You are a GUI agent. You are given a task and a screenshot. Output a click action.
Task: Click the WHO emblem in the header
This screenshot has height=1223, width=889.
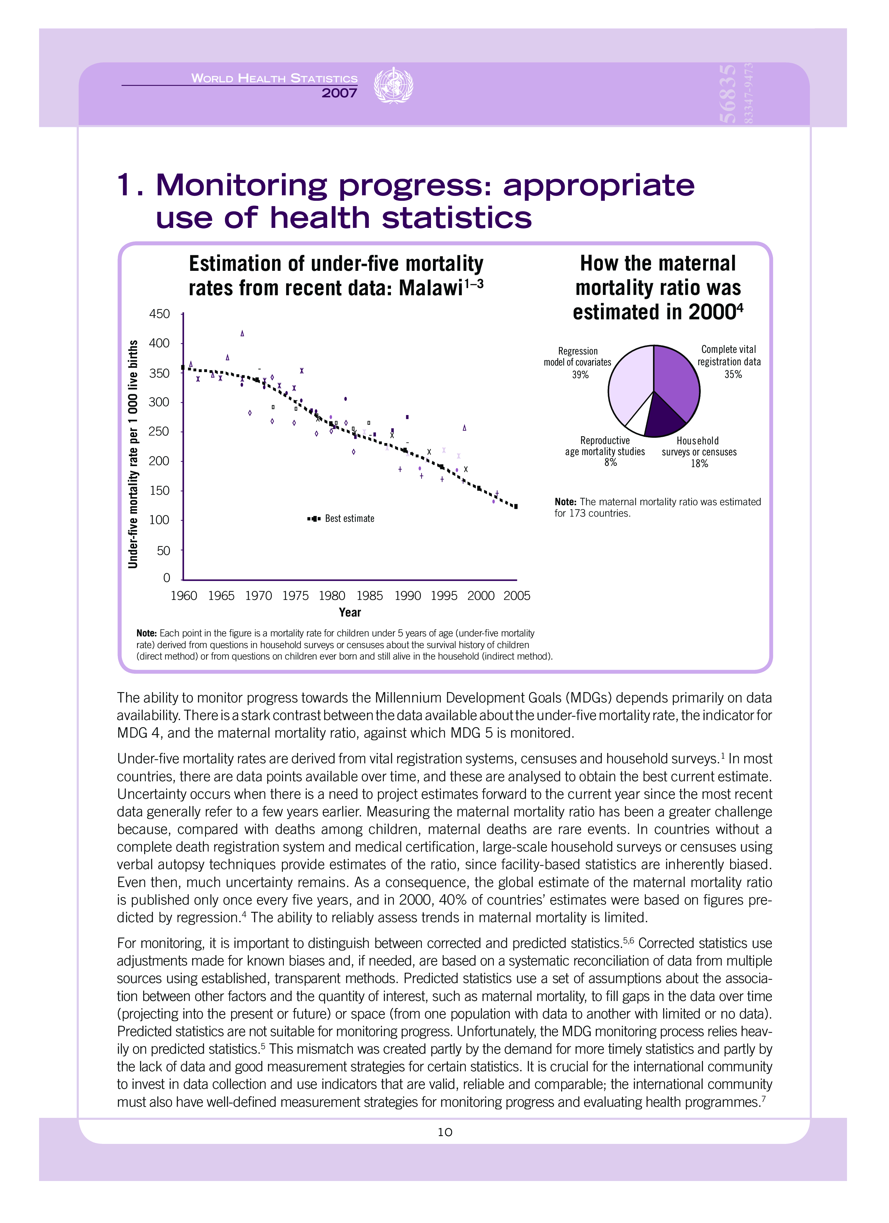[394, 86]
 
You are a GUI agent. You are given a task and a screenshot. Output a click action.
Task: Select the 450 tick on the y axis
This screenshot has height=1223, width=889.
[159, 314]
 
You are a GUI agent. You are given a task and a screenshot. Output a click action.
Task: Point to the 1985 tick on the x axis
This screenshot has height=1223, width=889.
[370, 596]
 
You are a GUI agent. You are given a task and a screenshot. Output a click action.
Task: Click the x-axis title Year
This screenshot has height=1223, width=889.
[350, 613]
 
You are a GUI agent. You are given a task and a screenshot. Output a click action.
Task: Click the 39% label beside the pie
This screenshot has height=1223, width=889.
[580, 375]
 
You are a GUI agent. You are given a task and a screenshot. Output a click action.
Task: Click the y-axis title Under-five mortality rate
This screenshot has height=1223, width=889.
[132, 454]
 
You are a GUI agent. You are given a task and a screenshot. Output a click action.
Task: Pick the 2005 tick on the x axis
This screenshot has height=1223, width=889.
[517, 596]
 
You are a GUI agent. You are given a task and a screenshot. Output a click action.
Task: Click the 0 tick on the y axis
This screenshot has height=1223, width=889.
[167, 578]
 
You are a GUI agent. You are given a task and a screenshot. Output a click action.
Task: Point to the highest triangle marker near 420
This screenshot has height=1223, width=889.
[242, 333]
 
